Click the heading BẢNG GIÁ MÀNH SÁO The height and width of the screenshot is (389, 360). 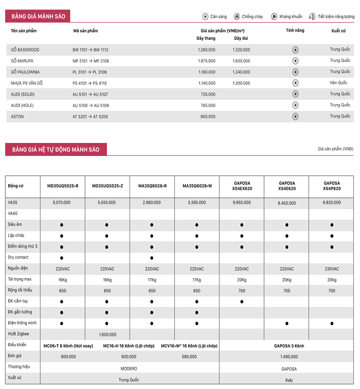(x=38, y=16)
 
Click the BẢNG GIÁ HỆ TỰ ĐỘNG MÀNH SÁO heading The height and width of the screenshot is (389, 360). (x=56, y=149)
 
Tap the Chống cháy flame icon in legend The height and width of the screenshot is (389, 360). (x=237, y=16)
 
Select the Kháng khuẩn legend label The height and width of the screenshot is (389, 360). (x=290, y=16)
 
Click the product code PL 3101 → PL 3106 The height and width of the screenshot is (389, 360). (x=90, y=72)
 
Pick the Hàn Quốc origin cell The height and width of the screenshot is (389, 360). (x=338, y=83)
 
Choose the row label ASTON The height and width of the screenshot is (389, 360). (x=17, y=117)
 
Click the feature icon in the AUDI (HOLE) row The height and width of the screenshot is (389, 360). (x=295, y=105)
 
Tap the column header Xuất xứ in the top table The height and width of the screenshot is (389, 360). (x=338, y=31)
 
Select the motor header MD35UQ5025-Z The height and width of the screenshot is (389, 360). (x=107, y=186)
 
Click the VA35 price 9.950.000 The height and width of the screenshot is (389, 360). (x=241, y=202)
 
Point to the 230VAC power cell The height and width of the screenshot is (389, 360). (x=332, y=269)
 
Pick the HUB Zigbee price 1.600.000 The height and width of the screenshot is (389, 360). (x=107, y=334)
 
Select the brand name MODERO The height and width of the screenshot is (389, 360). (x=129, y=368)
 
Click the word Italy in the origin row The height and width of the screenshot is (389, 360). (x=288, y=379)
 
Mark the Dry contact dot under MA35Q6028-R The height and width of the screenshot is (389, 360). (x=152, y=258)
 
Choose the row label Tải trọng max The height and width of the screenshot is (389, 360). (x=20, y=279)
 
